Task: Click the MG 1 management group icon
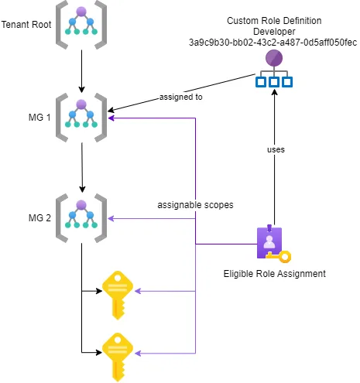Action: click(x=81, y=117)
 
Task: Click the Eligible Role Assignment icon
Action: click(x=272, y=243)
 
